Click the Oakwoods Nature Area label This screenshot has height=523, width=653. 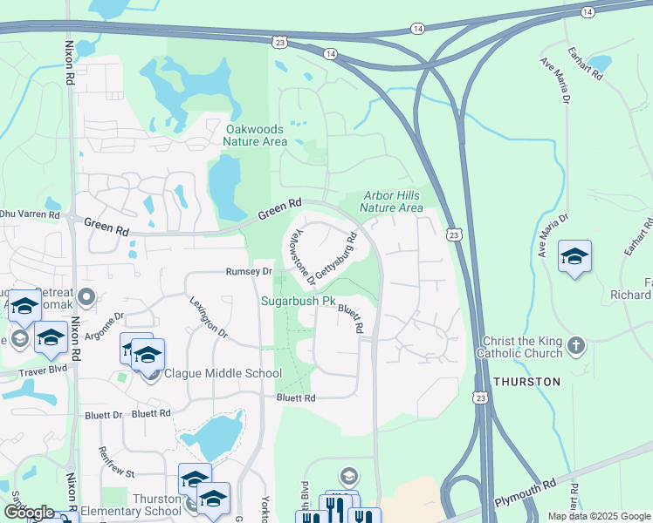click(255, 135)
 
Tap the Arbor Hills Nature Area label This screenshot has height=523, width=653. click(391, 202)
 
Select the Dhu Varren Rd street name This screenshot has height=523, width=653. click(30, 214)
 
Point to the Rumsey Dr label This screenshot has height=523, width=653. click(250, 272)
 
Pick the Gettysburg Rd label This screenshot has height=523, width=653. click(336, 255)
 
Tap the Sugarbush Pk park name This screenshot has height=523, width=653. click(299, 302)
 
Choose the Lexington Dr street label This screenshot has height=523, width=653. click(209, 316)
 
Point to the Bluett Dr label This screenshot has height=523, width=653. click(105, 414)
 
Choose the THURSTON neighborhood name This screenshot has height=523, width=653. click(526, 382)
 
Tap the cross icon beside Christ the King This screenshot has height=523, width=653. click(575, 346)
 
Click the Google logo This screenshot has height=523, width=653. click(29, 513)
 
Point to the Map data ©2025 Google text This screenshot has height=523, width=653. click(598, 516)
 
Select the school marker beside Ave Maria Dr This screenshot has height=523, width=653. click(574, 257)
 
